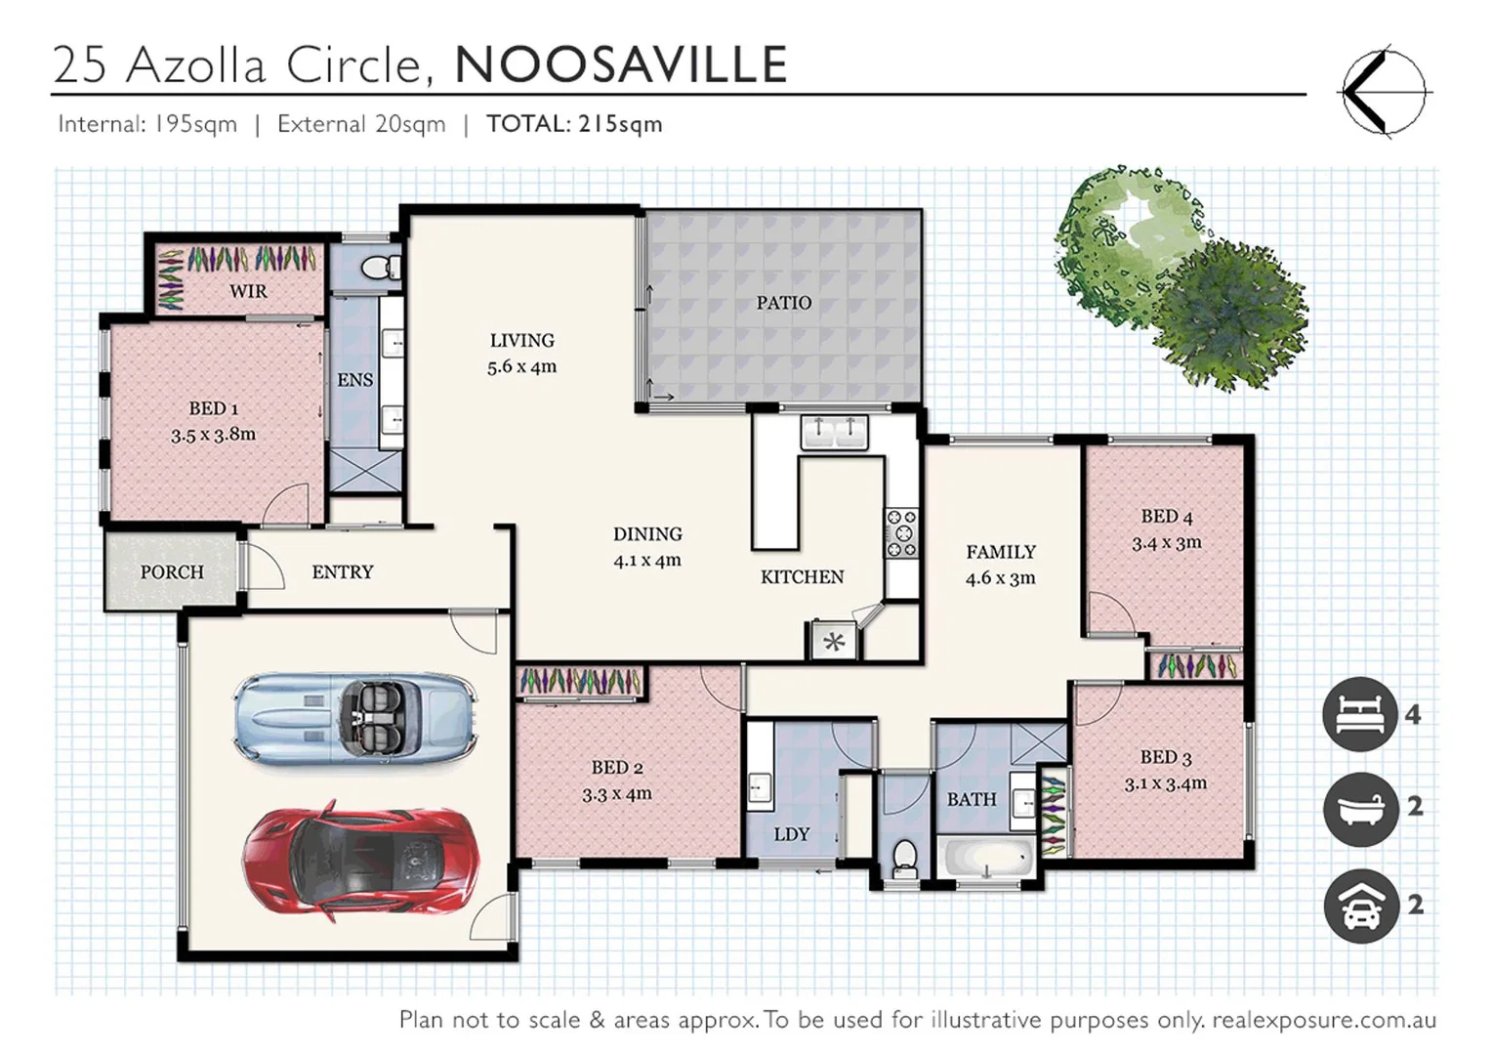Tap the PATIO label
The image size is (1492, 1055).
(x=783, y=303)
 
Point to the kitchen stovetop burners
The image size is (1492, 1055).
(x=900, y=533)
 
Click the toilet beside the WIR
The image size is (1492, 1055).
(x=379, y=267)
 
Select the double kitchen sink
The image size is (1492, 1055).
(x=834, y=431)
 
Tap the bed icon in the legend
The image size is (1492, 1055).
(x=1359, y=714)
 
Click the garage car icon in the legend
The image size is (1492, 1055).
(x=1359, y=906)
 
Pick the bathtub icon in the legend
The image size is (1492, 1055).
(x=1359, y=808)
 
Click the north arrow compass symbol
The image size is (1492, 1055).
(x=1382, y=92)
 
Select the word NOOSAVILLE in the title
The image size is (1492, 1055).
(x=621, y=65)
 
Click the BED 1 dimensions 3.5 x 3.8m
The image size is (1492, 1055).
(x=213, y=435)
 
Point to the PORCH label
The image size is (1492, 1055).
(x=172, y=572)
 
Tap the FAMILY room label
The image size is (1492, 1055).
(x=1000, y=552)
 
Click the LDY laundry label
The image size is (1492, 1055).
(x=791, y=834)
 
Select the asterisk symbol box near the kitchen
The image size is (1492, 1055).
(x=834, y=642)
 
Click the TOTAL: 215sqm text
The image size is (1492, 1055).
(x=574, y=124)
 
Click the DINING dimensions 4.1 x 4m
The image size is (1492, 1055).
(x=646, y=561)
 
